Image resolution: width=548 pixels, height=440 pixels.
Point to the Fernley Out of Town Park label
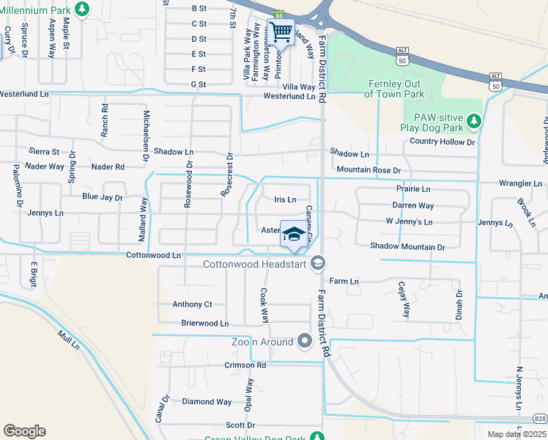394,89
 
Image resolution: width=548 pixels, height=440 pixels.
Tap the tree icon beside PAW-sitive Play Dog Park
475,120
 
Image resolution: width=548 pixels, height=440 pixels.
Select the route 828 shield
539,418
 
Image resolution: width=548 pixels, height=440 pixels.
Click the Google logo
24,431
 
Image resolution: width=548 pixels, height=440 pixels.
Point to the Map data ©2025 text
517,435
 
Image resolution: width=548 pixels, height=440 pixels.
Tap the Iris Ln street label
285,199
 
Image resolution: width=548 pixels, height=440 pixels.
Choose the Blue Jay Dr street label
102,197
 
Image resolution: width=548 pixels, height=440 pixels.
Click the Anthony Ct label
192,304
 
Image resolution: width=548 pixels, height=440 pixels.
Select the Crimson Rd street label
246,365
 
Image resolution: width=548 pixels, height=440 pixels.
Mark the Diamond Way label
207,402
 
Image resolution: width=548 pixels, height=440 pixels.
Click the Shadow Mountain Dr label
407,247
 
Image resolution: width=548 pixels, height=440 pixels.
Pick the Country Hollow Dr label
443,141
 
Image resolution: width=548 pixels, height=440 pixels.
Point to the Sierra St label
43,152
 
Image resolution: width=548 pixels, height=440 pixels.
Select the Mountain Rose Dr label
369,169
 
